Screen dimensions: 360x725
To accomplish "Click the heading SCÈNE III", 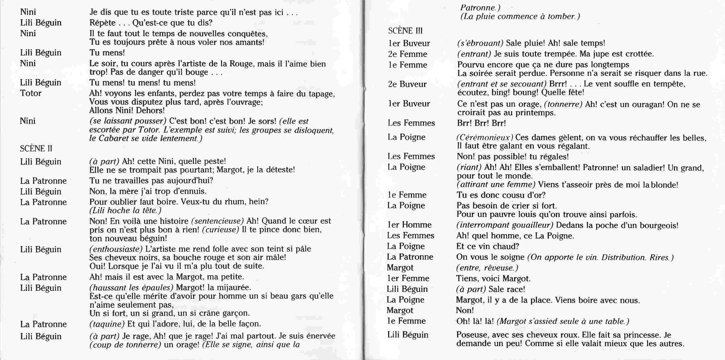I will [x=406, y=31].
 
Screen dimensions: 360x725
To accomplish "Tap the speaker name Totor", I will [x=31, y=93].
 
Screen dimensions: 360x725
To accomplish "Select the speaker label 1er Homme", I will [x=410, y=225].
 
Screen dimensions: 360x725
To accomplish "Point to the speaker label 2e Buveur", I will [x=407, y=84].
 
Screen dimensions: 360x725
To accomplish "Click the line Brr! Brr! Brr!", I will [x=481, y=123].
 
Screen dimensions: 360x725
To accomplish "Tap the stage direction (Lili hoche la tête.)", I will [x=126, y=211].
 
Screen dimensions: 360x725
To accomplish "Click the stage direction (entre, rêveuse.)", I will [x=487, y=268].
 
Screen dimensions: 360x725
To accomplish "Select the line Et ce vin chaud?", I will [x=488, y=246].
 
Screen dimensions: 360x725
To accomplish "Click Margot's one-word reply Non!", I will [x=465, y=311].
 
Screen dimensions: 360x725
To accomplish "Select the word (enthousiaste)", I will [x=116, y=249].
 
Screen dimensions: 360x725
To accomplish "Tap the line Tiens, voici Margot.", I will [x=493, y=278].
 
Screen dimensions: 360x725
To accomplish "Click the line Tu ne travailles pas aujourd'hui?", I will [x=151, y=181].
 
